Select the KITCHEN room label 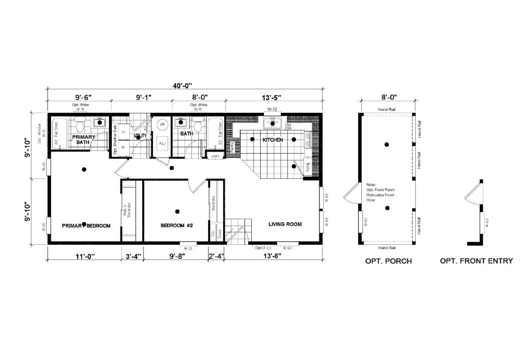click(x=273, y=140)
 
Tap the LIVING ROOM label click(x=285, y=224)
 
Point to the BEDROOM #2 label click(x=177, y=225)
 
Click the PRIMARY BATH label click(x=84, y=140)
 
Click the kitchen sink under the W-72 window click(x=273, y=123)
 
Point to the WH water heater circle click(x=162, y=125)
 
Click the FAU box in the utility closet click(x=162, y=143)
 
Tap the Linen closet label click(x=215, y=156)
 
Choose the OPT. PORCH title click(x=388, y=261)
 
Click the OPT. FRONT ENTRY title click(x=476, y=261)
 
